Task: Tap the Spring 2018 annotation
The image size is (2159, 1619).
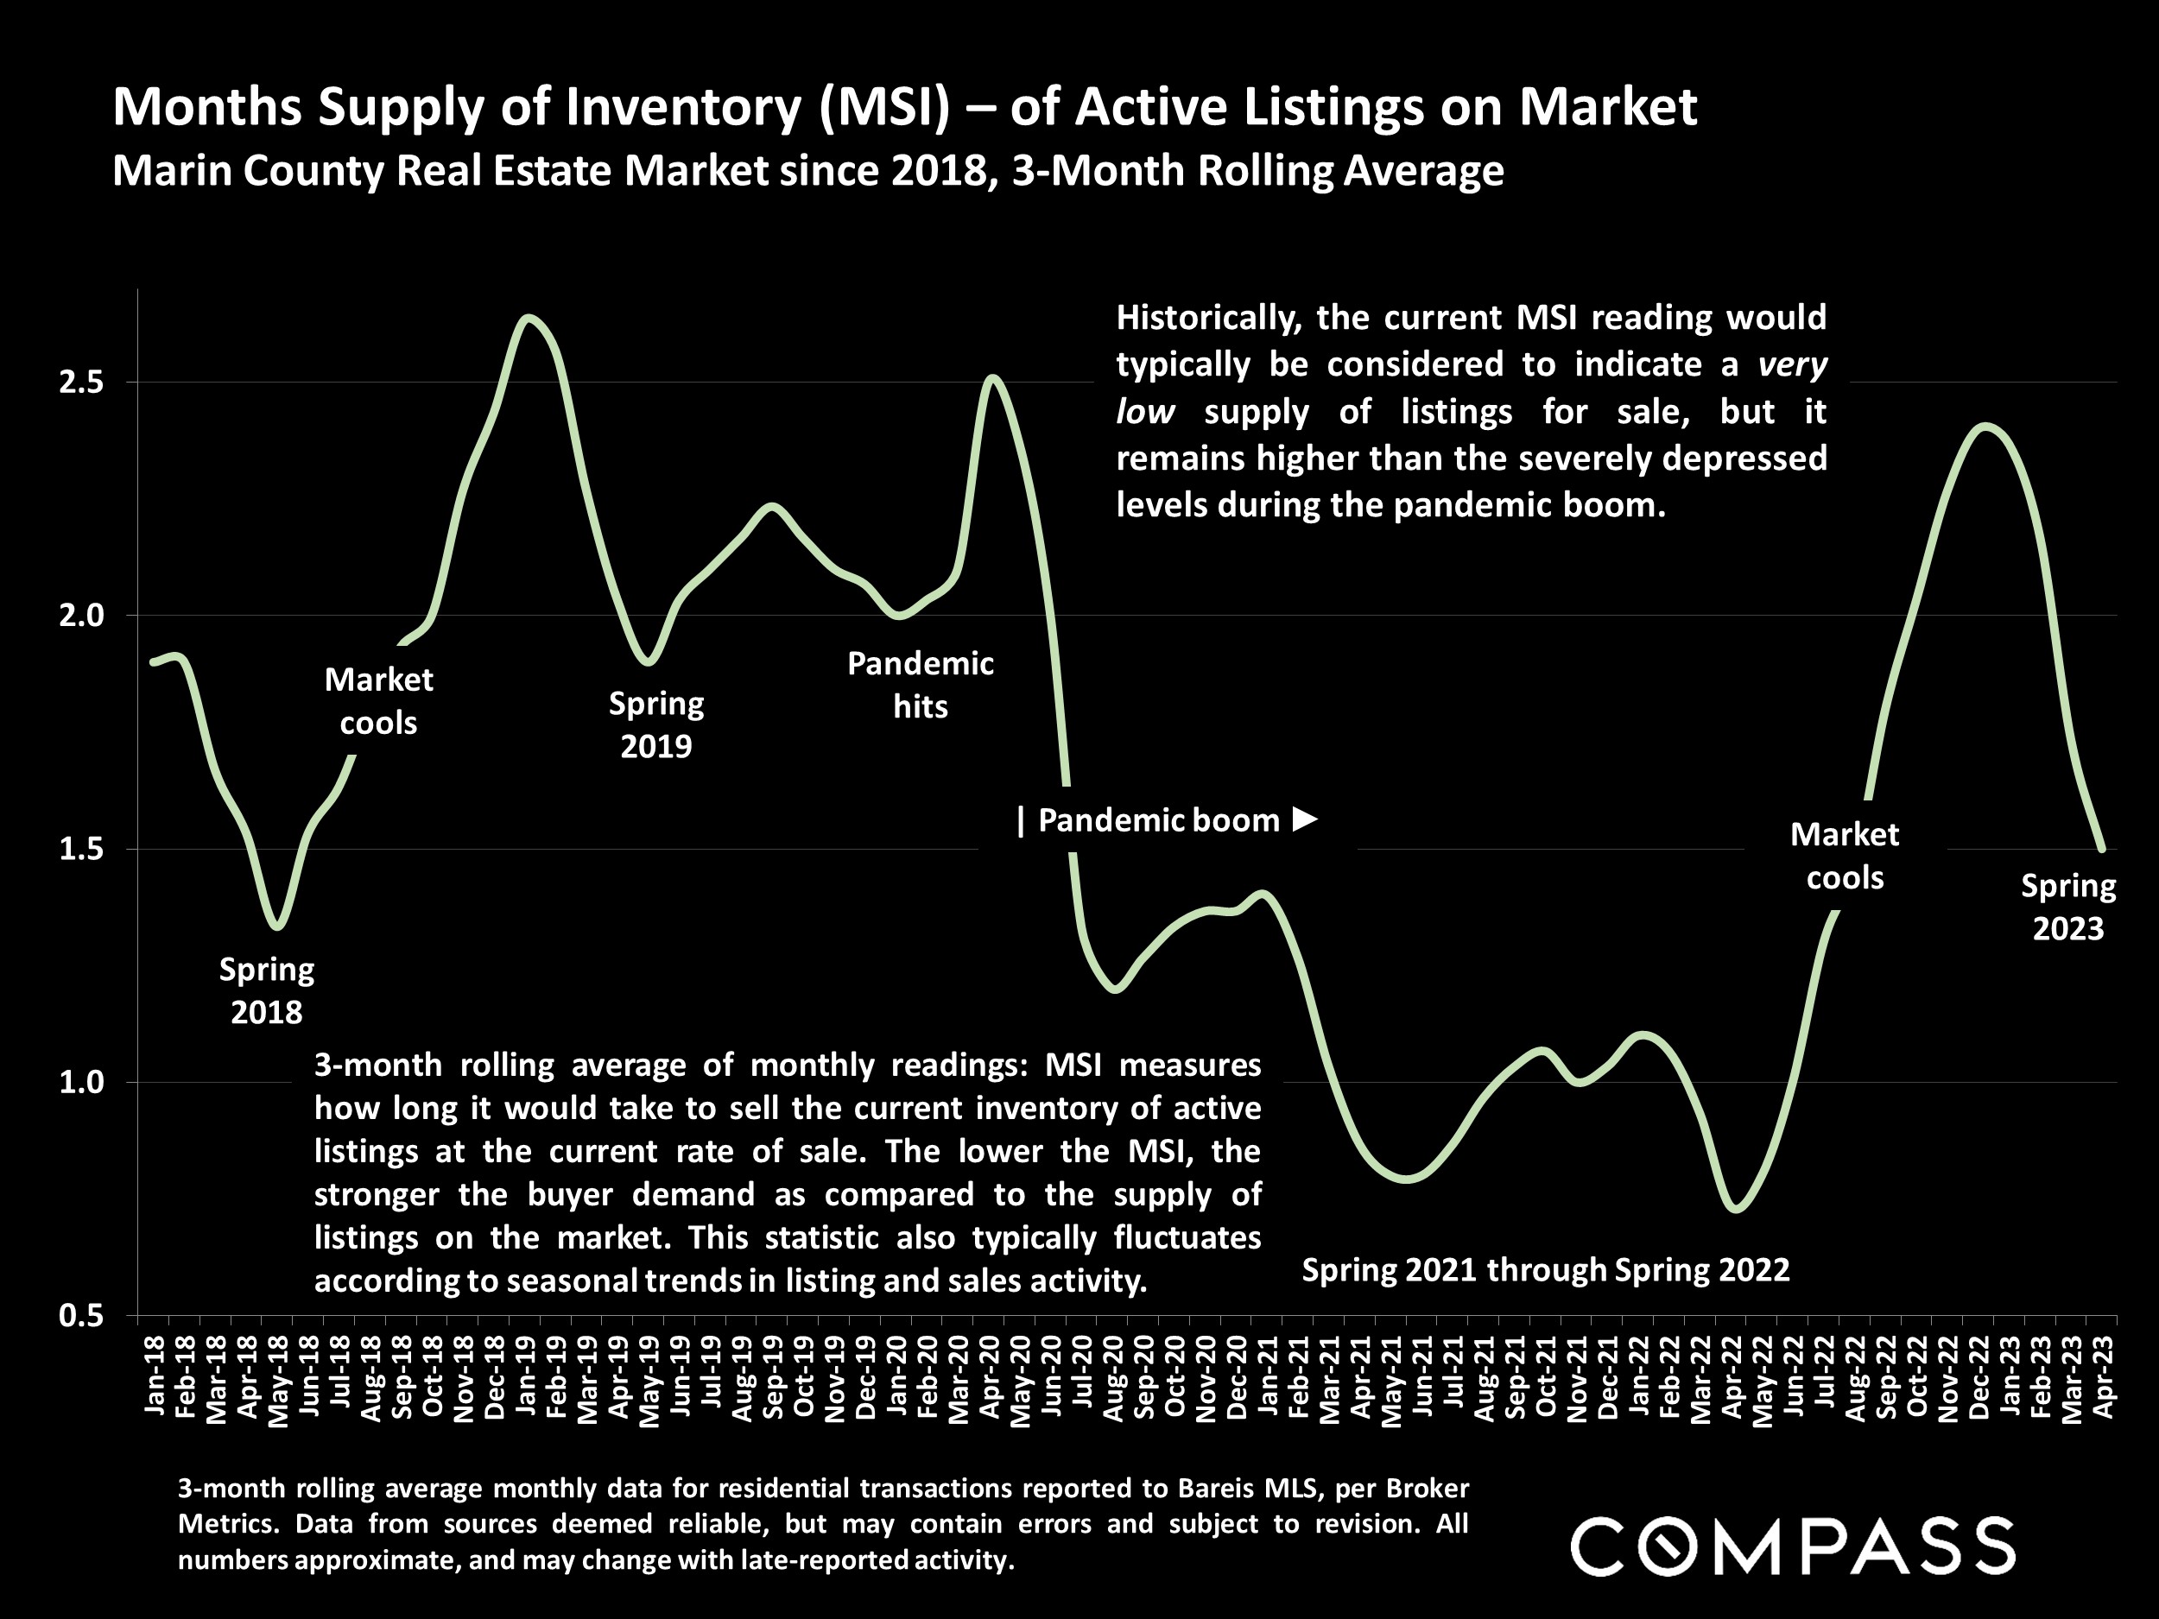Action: pos(267,990)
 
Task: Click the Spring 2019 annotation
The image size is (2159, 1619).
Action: pos(655,725)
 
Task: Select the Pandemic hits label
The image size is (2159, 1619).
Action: pos(920,685)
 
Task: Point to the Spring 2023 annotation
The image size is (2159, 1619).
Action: pos(2067,907)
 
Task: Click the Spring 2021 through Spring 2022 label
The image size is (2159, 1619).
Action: pos(1545,1269)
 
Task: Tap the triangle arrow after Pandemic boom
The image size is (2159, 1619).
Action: pos(1305,819)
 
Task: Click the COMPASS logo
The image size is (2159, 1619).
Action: pos(1792,1546)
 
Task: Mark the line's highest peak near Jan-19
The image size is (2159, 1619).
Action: pos(528,317)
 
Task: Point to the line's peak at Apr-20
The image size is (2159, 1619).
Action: pos(992,376)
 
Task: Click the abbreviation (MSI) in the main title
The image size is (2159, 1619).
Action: pos(883,106)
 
